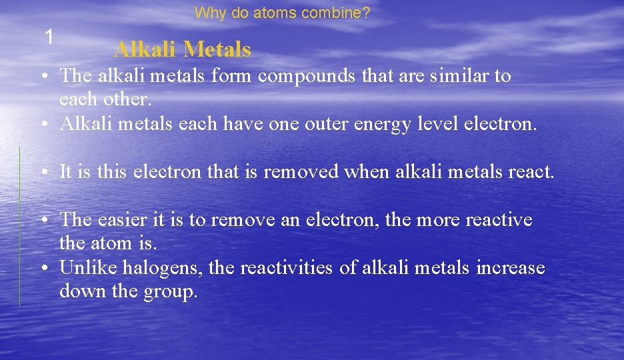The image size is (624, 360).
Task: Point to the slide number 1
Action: (48, 37)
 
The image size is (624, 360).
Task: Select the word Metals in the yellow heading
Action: (217, 49)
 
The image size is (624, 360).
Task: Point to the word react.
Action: (531, 172)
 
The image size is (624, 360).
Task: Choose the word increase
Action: (511, 268)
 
